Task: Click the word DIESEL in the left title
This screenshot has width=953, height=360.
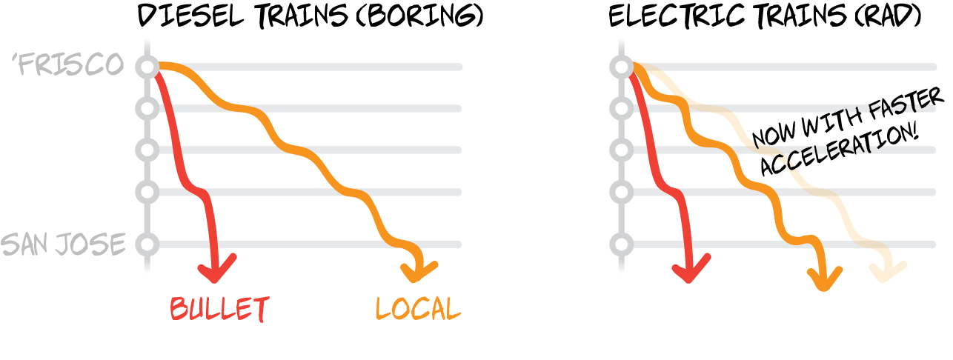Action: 190,16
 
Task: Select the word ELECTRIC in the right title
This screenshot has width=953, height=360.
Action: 677,16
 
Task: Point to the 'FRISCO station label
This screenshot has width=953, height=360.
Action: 68,64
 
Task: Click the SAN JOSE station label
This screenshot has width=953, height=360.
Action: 64,244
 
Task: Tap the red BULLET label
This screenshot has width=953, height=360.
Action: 219,309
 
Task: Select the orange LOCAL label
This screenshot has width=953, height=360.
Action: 418,309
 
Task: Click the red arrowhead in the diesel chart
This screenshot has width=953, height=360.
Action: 216,269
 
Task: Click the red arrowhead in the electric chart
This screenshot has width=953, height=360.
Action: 691,269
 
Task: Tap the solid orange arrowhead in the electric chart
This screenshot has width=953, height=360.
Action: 825,279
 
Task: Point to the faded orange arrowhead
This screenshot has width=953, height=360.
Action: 888,272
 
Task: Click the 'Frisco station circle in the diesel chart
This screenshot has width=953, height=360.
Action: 147,67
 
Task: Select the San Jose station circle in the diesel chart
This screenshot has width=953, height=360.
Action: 147,244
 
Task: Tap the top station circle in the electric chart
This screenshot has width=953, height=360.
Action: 622,67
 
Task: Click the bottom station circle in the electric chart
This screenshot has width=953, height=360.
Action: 622,244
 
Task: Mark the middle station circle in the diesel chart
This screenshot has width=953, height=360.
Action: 147,150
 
